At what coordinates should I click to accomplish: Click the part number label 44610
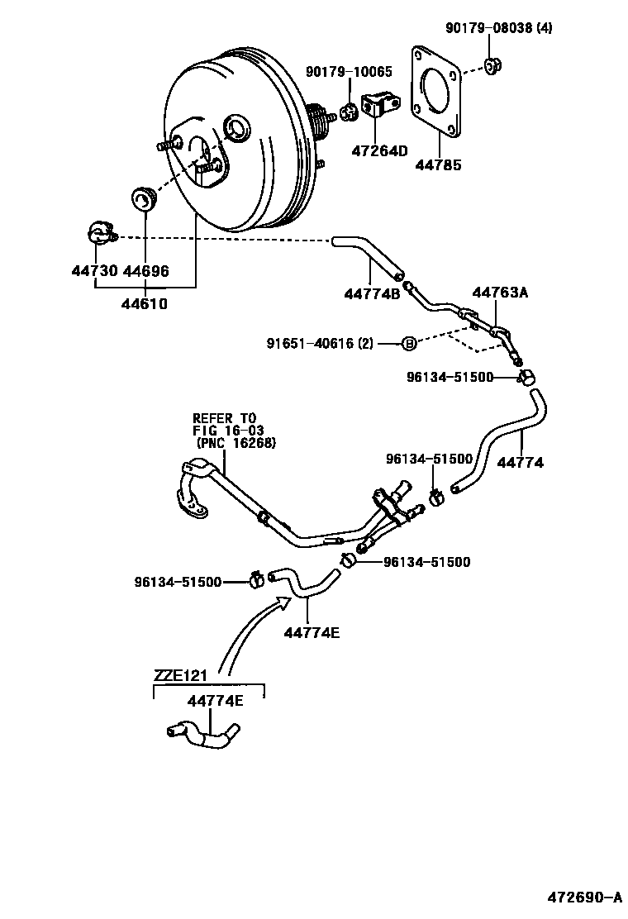pos(145,303)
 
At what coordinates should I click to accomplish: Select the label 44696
pos(145,271)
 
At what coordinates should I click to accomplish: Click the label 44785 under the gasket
pos(438,165)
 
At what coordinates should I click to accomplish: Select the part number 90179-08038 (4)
pos(498,28)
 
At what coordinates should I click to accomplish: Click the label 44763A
pos(500,292)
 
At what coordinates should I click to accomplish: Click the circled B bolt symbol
pos(407,343)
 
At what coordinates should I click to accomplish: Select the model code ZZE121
pos(180,676)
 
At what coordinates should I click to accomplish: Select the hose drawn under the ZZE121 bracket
pos(202,734)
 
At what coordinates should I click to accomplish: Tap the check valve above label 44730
pos(99,235)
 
